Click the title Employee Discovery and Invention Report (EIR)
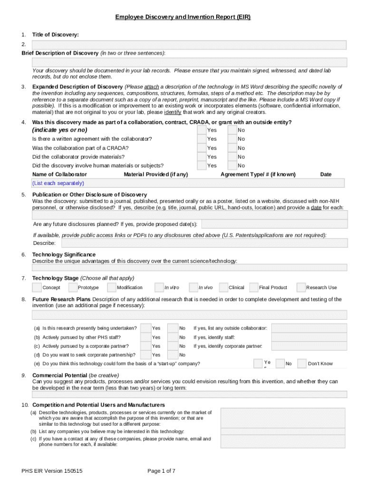(183, 18)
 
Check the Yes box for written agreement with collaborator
(202, 139)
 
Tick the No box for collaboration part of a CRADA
(232, 148)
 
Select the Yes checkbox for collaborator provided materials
(202, 156)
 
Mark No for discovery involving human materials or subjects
(232, 166)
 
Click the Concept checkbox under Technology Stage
(37, 287)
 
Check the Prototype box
(73, 287)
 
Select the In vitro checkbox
(159, 287)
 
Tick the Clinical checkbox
(223, 287)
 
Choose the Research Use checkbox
(301, 287)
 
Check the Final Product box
(253, 287)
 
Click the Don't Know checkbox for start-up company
(301, 363)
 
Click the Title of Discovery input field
(189, 45)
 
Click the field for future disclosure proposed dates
(274, 224)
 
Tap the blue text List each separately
(58, 183)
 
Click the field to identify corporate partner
(309, 346)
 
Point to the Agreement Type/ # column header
(258, 175)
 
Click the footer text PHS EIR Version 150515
(52, 471)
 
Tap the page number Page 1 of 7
(161, 471)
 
